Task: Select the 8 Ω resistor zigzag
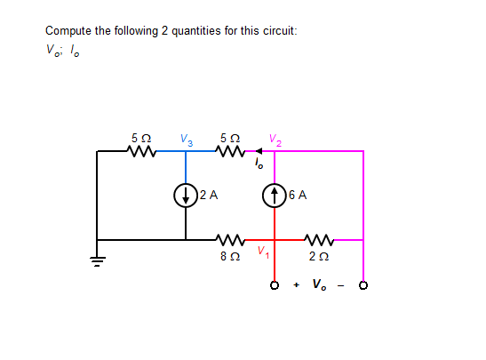coord(230,239)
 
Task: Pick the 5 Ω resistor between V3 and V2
coord(230,151)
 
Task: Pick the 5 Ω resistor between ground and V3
coord(141,151)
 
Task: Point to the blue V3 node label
coord(186,138)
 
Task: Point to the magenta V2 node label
coord(275,138)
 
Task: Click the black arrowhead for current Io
coord(259,151)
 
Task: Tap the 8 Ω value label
coord(230,257)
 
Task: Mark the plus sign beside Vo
coord(296,285)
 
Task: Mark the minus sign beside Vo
coord(342,285)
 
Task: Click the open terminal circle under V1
coord(275,286)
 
